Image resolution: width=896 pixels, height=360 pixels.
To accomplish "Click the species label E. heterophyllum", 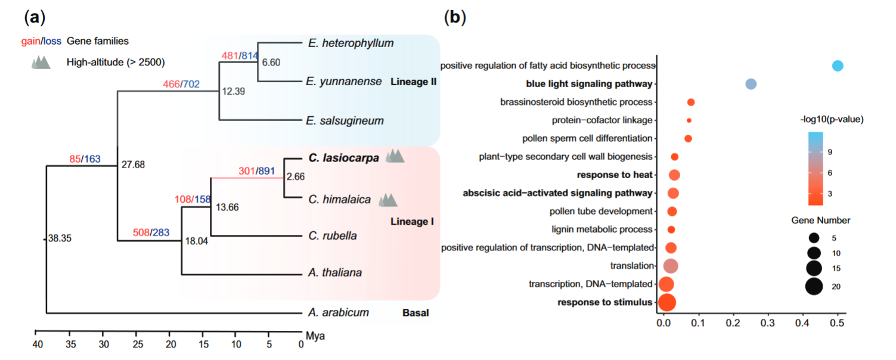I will click(351, 43).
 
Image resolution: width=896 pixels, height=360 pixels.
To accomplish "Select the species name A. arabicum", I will click(339, 312).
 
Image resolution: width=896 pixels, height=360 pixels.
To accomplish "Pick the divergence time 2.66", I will click(296, 176).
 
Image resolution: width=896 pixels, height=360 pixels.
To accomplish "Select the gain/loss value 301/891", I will click(256, 172).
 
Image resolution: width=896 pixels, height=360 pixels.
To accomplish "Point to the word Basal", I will click(416, 313).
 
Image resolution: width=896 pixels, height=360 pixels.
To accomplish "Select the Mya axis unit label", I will click(315, 336).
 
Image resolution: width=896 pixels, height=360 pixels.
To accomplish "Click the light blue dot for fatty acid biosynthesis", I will click(838, 66).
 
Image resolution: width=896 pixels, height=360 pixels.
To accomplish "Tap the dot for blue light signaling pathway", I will click(751, 84).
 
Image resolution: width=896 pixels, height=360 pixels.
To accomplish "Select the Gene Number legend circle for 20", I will click(814, 287).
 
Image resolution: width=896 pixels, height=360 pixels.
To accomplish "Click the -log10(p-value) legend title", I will click(832, 120).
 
